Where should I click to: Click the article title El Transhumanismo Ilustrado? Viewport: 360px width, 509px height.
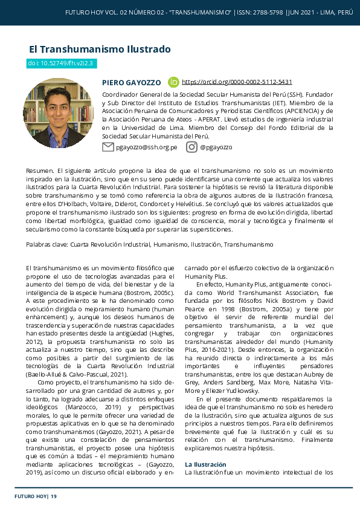100,50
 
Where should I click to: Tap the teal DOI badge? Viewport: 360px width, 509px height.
62,63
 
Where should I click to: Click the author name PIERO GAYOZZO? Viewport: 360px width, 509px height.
131,82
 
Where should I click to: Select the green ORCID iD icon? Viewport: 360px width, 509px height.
173,82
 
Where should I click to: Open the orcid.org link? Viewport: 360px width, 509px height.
237,82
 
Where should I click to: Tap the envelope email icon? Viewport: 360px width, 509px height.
108,147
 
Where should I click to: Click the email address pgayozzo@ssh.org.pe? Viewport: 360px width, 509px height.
146,148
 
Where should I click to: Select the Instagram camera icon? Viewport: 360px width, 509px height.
191,147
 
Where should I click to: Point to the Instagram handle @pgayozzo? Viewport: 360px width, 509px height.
216,148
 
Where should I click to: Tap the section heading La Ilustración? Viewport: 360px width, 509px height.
205,464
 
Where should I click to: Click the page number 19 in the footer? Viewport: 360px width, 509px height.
54,496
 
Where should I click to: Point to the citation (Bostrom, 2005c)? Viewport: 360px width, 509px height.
150,293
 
